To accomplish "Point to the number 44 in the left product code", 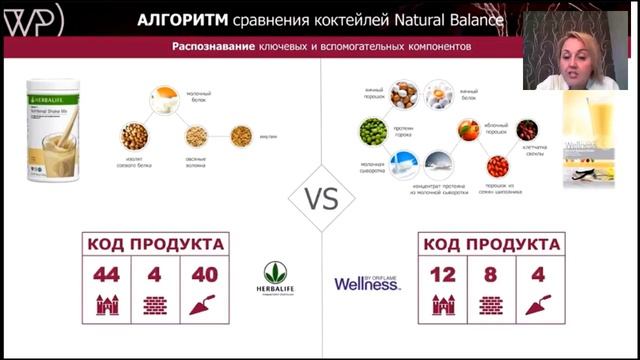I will (107, 275).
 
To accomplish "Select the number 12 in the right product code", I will (443, 275).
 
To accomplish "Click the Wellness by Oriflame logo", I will (367, 283).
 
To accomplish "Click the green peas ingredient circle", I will (372, 131).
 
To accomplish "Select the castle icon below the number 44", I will (107, 305).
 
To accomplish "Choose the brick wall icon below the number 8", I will (491, 305).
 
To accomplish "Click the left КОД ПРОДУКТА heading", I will (155, 243).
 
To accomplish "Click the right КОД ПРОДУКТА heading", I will (491, 243).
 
